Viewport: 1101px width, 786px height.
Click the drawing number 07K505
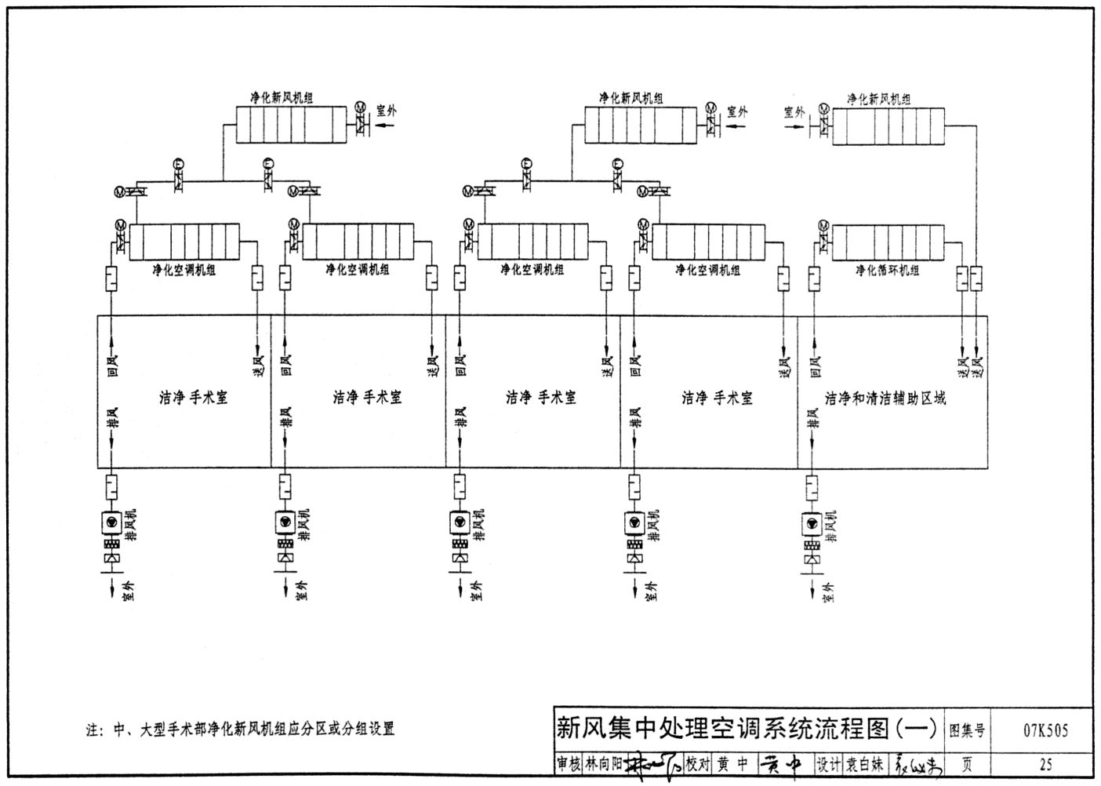[x=1045, y=731]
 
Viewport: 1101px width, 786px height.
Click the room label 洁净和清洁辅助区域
[x=885, y=398]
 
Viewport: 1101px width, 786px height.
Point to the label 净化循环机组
[x=887, y=271]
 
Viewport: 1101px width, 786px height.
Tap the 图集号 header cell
[x=966, y=731]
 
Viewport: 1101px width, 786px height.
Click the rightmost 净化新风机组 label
[x=878, y=99]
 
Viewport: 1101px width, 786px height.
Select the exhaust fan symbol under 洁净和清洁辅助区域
[x=812, y=523]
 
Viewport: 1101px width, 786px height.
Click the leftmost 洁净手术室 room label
[x=193, y=398]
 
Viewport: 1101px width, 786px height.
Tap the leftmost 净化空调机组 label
[x=184, y=271]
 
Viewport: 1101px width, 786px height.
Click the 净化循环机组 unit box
[x=885, y=242]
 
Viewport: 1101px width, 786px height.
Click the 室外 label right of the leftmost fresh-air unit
[x=387, y=111]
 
